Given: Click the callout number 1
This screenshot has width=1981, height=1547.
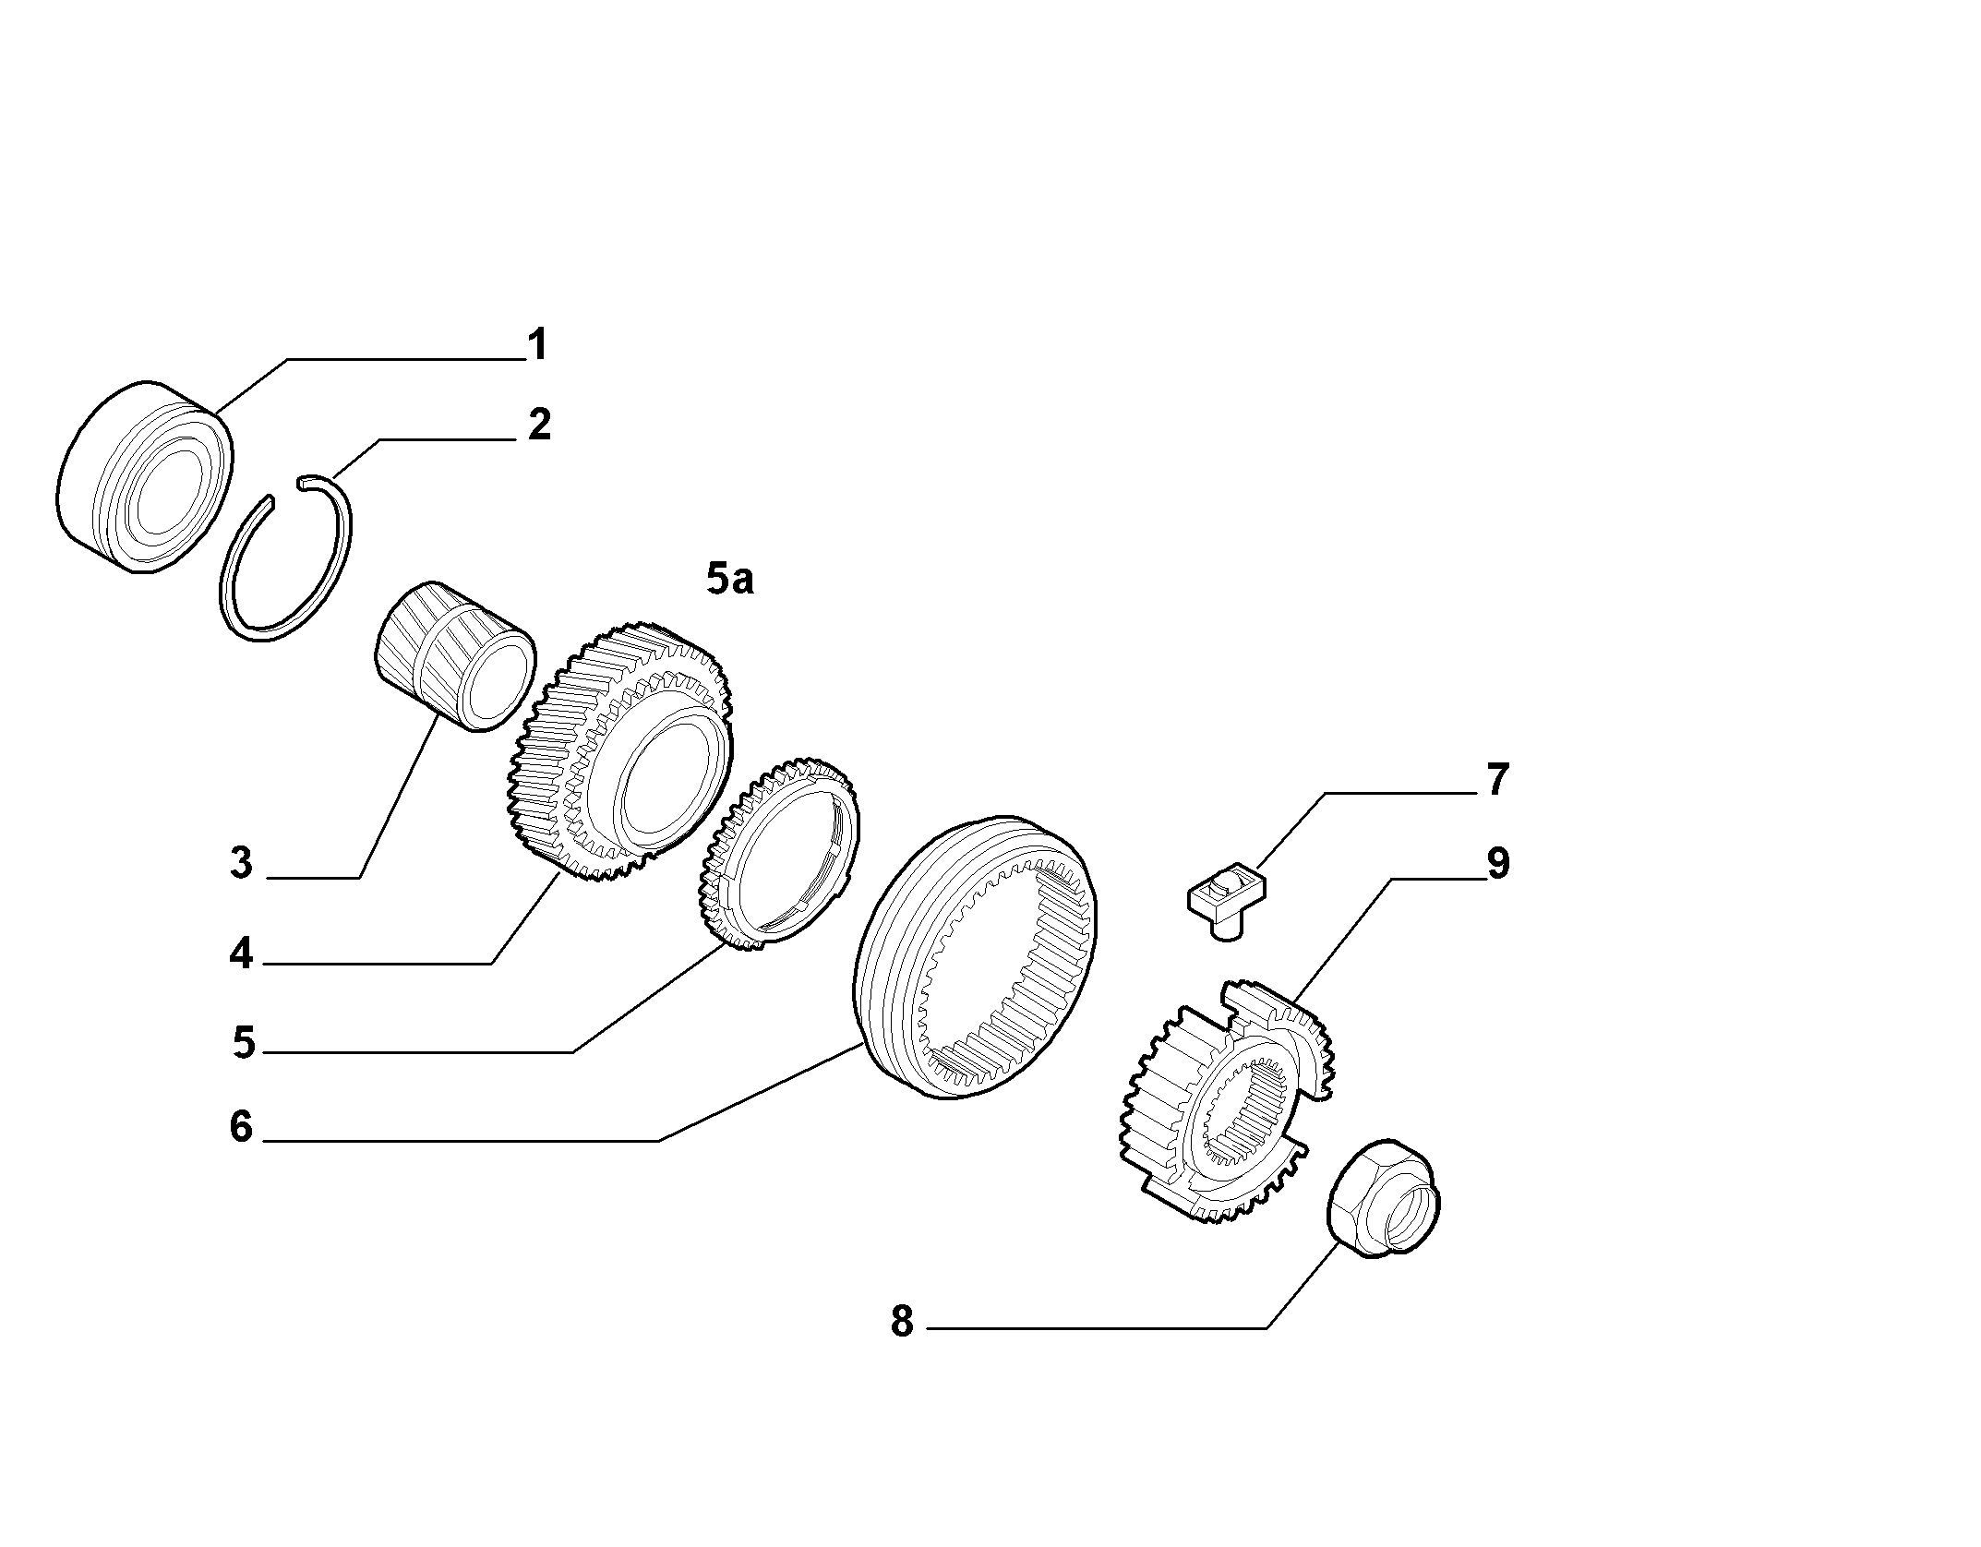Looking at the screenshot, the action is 537,344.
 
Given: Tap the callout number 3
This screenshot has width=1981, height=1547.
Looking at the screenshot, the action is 241,863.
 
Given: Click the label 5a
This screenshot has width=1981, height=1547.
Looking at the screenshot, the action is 730,580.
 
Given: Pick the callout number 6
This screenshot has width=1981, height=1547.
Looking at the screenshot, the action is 241,1127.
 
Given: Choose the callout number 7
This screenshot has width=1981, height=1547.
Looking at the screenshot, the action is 1497,779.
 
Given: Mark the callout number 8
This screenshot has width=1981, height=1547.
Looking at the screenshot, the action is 902,1321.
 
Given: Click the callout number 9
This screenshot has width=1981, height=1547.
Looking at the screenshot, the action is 1497,864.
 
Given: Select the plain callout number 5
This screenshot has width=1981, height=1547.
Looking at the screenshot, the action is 243,1043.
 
